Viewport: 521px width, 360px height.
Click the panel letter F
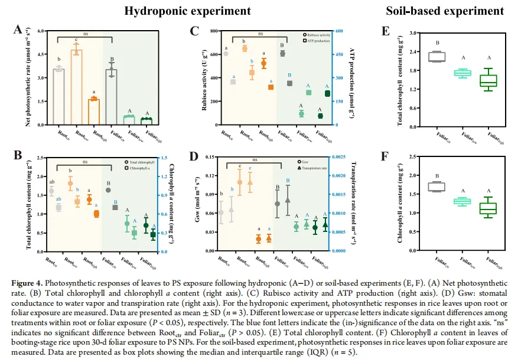[385, 157]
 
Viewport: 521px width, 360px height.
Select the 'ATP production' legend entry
[318, 41]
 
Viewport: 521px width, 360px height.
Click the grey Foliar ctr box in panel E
[437, 57]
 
